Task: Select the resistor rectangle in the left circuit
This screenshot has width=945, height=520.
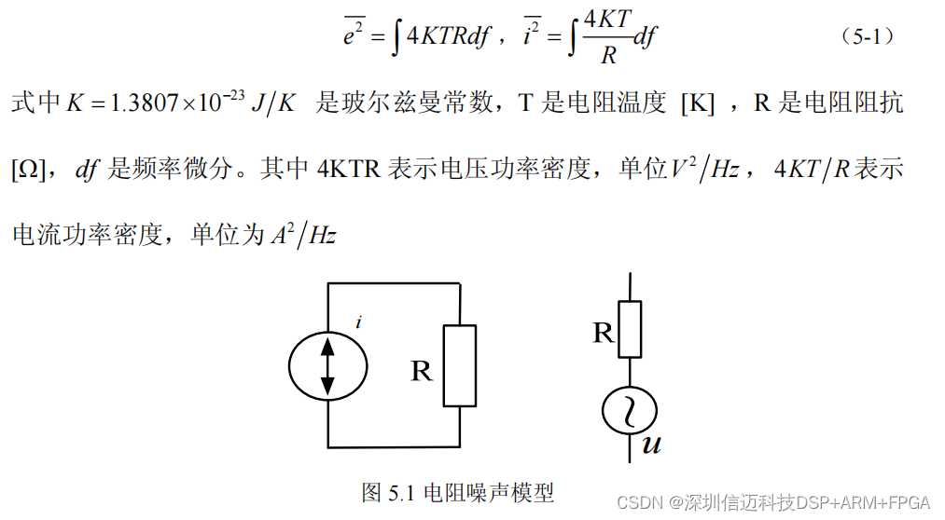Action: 460,365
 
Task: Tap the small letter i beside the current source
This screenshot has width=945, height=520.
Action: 359,323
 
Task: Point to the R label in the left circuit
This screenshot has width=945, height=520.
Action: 422,372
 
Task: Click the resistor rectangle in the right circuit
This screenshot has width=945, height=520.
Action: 631,330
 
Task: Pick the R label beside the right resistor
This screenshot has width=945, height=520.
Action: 604,333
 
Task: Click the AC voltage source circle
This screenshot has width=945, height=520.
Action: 631,410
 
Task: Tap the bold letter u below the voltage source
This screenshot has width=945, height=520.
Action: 651,445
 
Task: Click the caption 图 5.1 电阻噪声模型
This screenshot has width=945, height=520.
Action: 457,492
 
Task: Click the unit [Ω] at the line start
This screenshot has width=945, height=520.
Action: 25,170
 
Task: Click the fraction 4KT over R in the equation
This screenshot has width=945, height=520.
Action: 608,39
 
